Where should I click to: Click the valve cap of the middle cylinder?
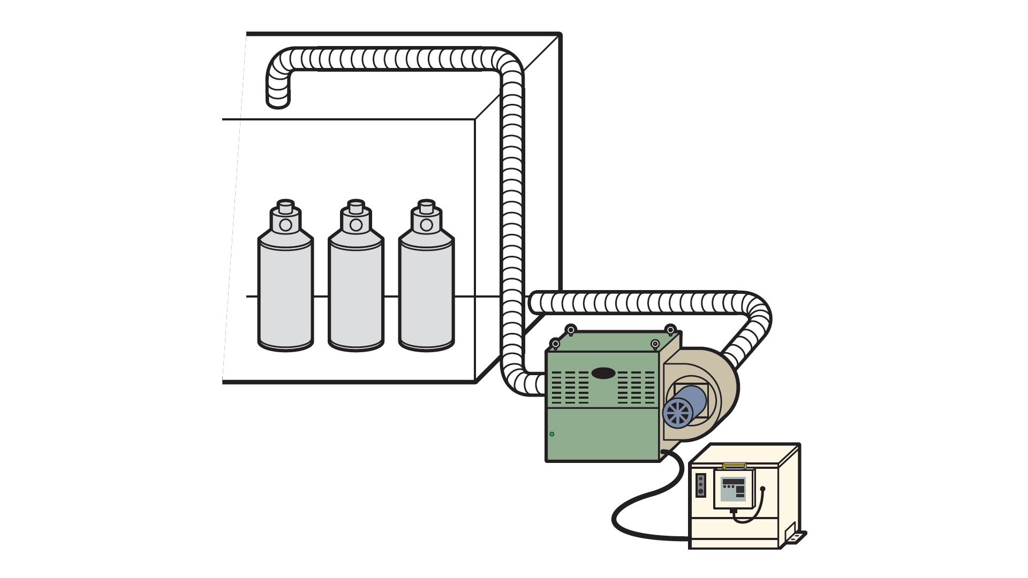point(356,207)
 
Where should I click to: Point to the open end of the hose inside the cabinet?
point(278,102)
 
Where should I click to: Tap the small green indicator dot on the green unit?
point(552,434)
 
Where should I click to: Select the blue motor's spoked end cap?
point(676,413)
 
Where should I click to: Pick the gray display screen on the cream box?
point(732,489)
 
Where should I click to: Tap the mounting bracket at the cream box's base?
point(796,536)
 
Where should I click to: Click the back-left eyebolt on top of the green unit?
point(571,329)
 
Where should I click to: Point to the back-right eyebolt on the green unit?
point(669,329)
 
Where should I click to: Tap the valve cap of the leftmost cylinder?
point(285,207)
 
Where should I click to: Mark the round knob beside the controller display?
point(763,488)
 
